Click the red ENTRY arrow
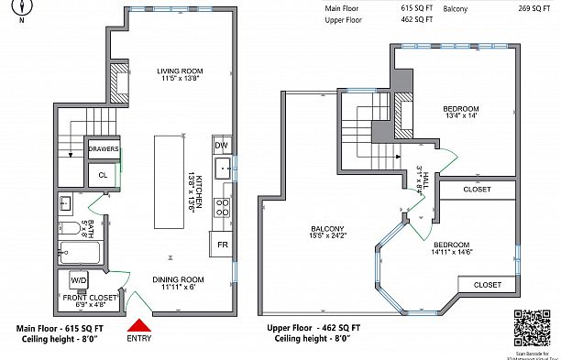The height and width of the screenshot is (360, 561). [x=138, y=325]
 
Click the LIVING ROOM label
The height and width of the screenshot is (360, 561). [x=180, y=71]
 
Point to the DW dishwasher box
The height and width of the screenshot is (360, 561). [x=221, y=146]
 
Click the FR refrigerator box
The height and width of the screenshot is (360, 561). [x=223, y=245]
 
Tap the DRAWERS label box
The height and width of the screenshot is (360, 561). [x=103, y=148]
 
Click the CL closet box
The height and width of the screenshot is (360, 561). [x=103, y=173]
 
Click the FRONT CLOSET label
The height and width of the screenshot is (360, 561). [x=89, y=298]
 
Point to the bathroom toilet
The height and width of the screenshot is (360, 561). [x=67, y=228]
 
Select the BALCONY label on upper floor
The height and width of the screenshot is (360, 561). [x=325, y=229]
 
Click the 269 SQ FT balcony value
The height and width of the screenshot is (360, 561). [x=515, y=8]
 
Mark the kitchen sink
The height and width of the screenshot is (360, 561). [x=222, y=169]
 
